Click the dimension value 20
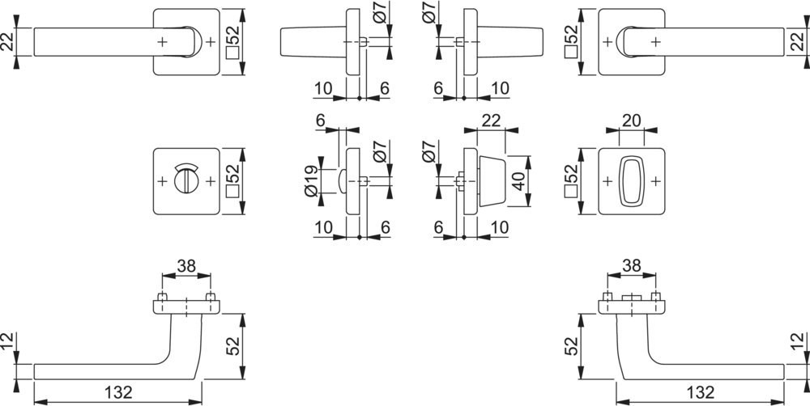coord(631,121)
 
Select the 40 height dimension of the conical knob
coord(519,181)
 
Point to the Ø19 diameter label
coord(311,181)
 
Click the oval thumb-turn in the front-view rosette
coord(631,182)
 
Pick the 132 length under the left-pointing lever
coord(118,392)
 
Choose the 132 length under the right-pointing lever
coord(700,392)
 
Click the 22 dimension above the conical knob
coord(491,121)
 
